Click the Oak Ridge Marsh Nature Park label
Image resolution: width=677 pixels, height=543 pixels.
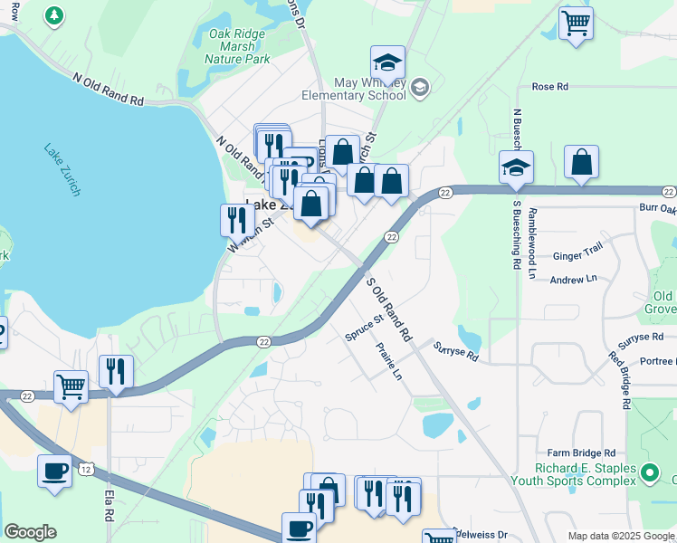240,46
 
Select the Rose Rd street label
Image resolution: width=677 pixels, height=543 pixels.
549,87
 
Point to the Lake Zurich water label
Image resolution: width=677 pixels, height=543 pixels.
62,169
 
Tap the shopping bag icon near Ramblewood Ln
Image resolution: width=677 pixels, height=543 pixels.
582,163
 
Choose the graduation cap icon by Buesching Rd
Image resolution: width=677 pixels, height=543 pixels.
516,167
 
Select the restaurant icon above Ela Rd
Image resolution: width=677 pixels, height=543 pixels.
117,371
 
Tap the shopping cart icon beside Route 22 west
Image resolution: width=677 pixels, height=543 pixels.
71,387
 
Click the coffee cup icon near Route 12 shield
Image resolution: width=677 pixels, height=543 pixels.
54,472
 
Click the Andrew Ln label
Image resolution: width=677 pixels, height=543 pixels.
574,280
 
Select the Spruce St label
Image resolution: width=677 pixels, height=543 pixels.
365,329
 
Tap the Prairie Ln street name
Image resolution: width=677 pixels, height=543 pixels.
389,360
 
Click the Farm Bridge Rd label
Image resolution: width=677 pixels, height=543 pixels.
581,452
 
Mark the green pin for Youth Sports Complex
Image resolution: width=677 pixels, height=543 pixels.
649,472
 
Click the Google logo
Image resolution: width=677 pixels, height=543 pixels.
30,532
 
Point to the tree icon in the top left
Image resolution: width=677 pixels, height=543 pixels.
54,15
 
